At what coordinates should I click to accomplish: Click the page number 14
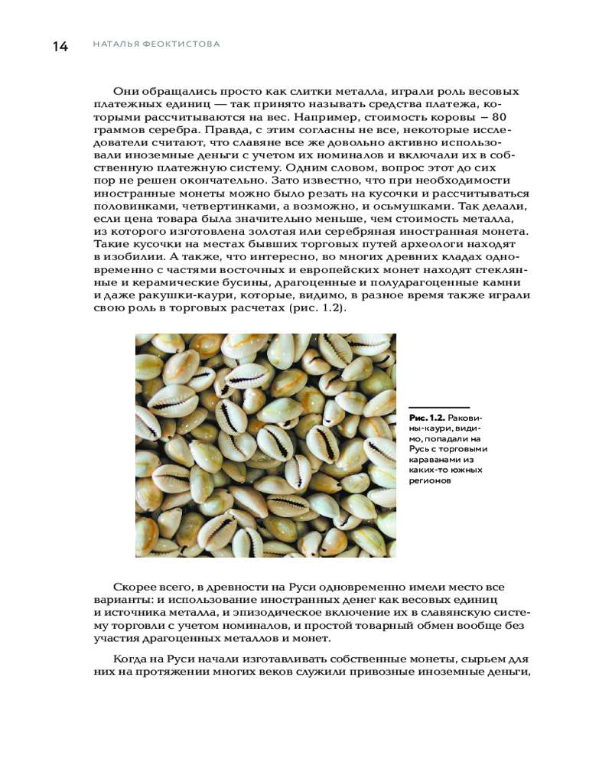60,46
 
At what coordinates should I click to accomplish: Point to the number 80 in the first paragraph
500,117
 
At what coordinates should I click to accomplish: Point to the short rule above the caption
438,408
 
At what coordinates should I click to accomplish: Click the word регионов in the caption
430,482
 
